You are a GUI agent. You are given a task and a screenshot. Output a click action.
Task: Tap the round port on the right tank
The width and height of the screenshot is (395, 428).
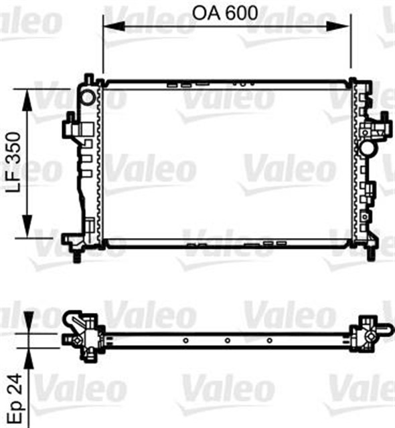(366, 146)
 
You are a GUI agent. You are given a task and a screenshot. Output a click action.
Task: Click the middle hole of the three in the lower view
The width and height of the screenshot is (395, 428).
(227, 340)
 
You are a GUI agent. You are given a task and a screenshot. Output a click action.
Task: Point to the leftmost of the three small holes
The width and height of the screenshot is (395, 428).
(185, 340)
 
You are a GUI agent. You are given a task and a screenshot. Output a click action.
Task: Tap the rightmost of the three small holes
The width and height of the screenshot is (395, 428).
(268, 340)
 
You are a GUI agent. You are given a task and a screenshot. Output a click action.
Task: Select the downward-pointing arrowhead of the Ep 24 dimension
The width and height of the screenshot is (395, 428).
(27, 324)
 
